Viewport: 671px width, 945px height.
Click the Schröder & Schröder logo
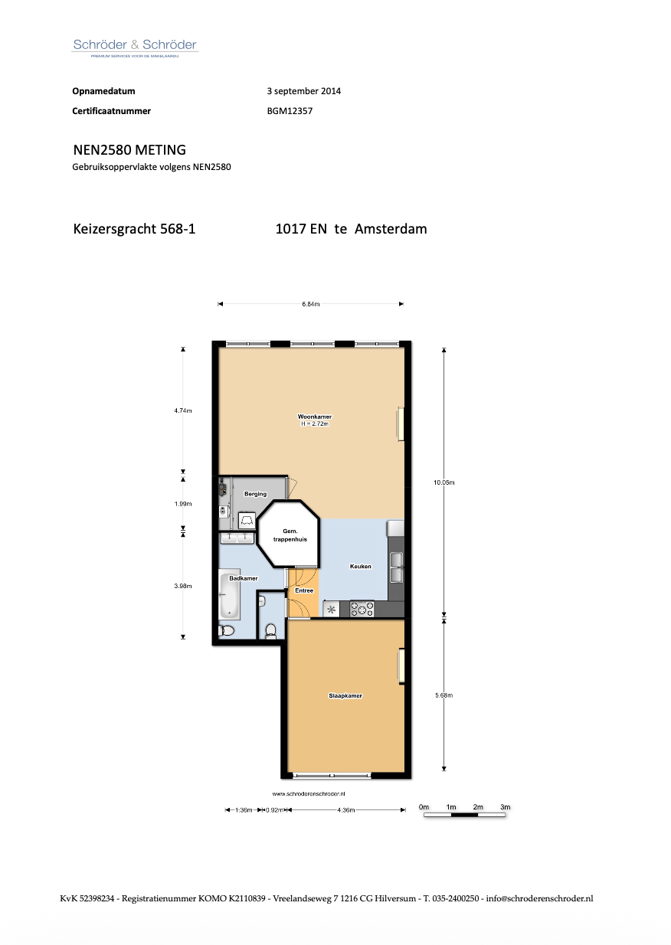click(135, 47)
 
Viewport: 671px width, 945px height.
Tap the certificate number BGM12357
click(290, 111)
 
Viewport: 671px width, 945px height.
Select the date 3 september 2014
click(304, 91)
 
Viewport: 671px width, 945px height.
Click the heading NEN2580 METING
click(129, 150)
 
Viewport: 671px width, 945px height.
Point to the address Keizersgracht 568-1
click(134, 229)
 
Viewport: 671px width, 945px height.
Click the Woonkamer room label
click(315, 417)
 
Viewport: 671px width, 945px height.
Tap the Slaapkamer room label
click(345, 695)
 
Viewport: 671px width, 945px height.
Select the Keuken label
click(361, 566)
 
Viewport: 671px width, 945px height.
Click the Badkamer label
click(244, 578)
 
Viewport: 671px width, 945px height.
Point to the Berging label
click(255, 494)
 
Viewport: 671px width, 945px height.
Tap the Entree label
click(304, 590)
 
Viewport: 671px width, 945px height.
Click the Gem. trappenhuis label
click(290, 535)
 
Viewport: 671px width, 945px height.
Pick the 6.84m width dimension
click(310, 304)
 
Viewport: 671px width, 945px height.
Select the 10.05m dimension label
click(444, 482)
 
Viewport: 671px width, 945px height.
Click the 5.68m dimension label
click(444, 695)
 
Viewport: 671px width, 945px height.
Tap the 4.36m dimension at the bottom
click(346, 810)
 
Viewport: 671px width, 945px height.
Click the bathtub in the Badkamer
click(229, 594)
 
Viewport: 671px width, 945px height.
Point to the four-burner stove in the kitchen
click(362, 609)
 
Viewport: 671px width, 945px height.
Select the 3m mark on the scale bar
click(505, 806)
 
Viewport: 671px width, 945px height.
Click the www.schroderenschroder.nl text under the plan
click(309, 793)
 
